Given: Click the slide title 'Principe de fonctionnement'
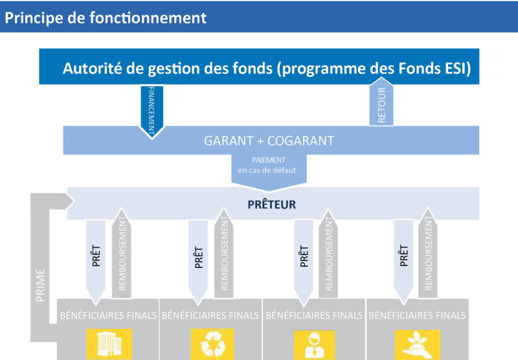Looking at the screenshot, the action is tap(106, 18).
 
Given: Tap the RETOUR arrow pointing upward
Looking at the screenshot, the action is tap(381, 102).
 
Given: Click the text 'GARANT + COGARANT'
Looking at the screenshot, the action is tap(269, 141).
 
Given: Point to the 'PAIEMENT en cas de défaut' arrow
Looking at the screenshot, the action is tap(269, 172).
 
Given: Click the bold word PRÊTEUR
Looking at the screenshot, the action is tap(271, 205).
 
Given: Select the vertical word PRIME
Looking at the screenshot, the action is tap(40, 286).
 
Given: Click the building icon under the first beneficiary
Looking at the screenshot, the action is tap(109, 344).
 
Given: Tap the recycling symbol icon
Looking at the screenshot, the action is tap(212, 344).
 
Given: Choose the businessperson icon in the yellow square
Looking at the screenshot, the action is tap(314, 344).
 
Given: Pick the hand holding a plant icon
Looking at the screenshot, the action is tap(418, 344).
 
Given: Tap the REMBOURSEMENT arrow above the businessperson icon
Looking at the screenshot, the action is tap(328, 253).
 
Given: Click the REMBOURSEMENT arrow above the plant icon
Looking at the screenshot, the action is tap(428, 253).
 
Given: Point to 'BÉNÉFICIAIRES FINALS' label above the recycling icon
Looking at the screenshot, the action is tap(210, 315).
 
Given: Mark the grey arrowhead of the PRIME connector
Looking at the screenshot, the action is tap(69, 201).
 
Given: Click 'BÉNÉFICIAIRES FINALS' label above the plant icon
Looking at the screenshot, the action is tap(417, 315).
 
